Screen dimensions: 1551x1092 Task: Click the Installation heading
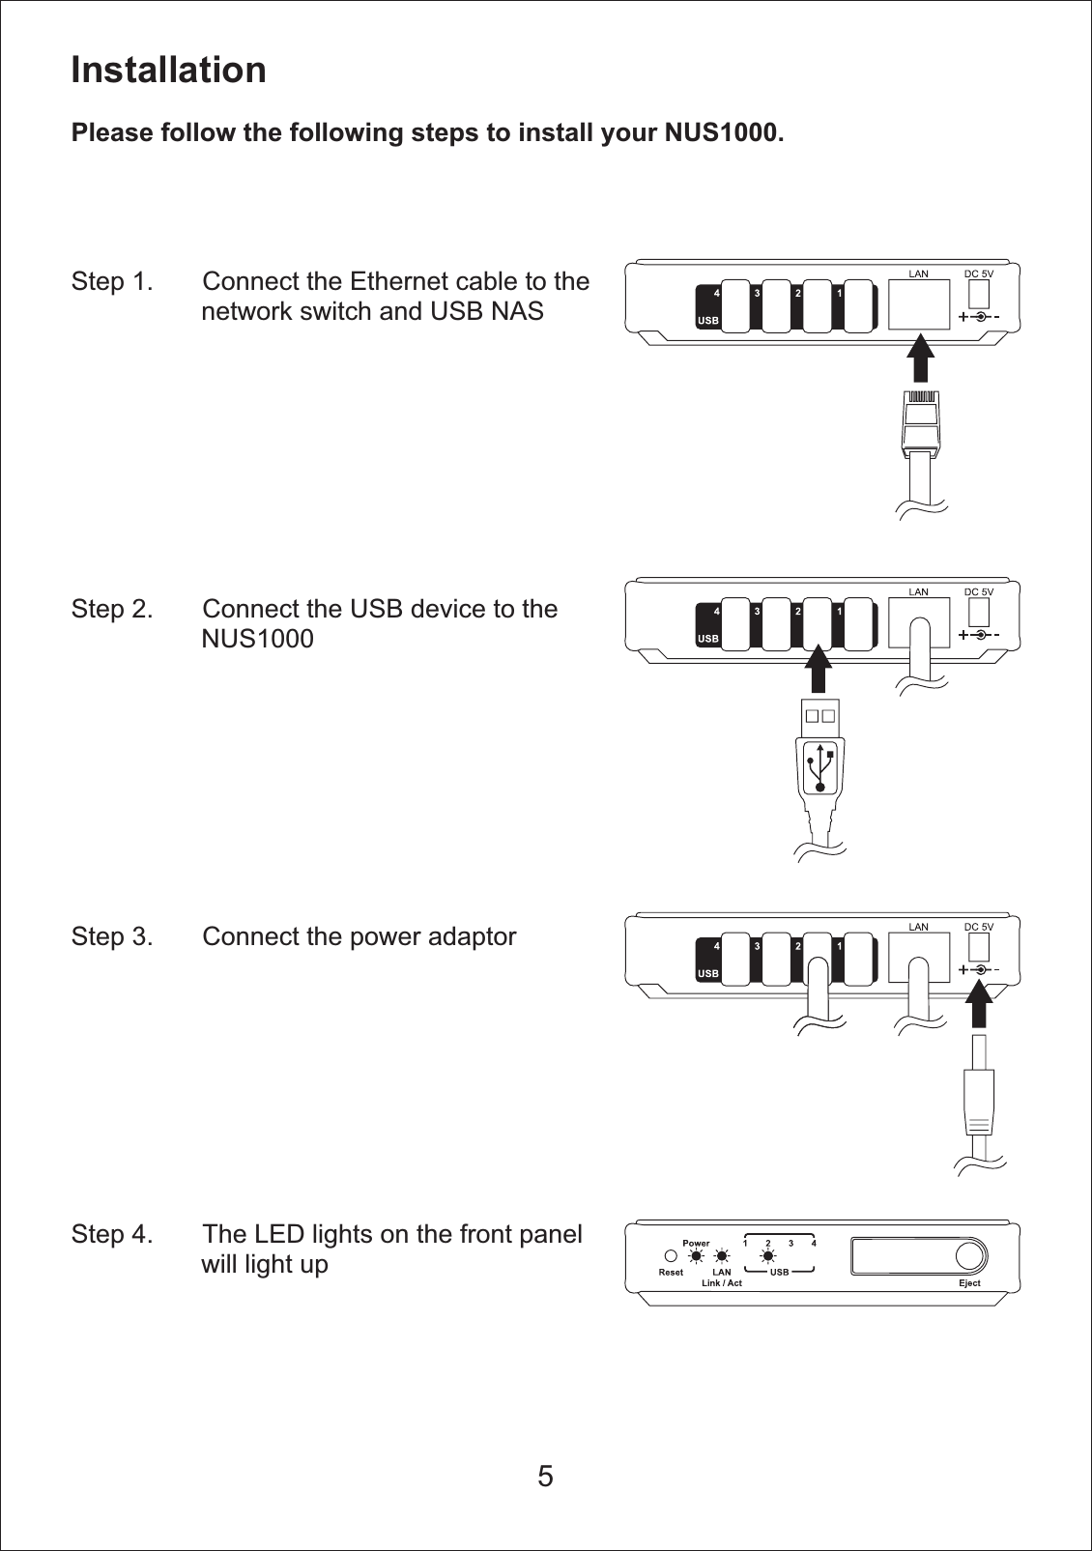[168, 70]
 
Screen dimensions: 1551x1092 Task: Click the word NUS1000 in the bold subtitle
[720, 132]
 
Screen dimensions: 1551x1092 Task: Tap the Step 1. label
[111, 281]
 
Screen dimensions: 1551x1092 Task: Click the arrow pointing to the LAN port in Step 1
[921, 356]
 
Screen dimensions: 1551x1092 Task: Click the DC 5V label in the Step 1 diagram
[978, 273]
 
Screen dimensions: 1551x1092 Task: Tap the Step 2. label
[111, 609]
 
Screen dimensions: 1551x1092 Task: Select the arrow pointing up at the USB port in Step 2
[819, 669]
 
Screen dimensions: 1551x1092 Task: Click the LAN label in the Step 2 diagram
[918, 591]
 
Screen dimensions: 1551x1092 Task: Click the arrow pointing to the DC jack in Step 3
[979, 1004]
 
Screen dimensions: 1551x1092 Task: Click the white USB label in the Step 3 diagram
[708, 973]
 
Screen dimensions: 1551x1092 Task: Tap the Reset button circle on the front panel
[671, 1257]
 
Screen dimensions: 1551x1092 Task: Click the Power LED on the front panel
[696, 1257]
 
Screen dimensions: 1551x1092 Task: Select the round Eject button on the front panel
[968, 1255]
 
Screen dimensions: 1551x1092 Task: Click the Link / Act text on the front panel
[722, 1283]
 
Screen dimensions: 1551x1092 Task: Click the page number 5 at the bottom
[546, 1477]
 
